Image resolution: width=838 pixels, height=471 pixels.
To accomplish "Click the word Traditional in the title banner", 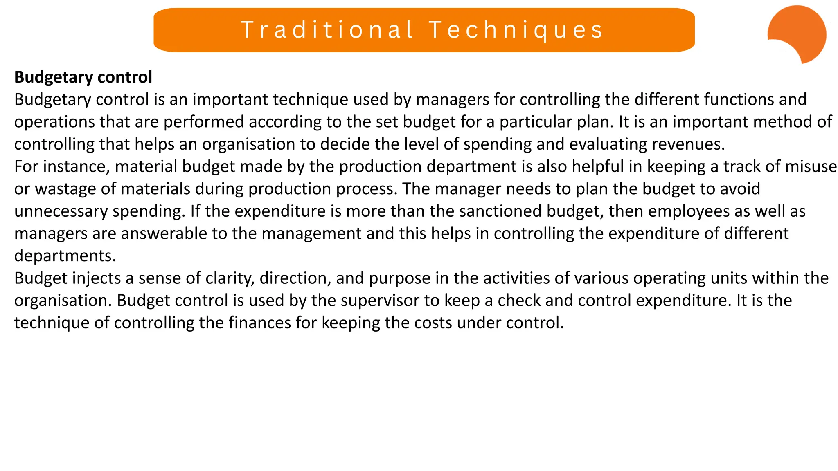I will [x=327, y=30].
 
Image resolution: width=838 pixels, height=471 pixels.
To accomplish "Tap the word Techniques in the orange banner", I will [x=516, y=30].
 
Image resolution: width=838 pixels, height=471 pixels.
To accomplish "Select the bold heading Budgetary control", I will [x=83, y=77].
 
